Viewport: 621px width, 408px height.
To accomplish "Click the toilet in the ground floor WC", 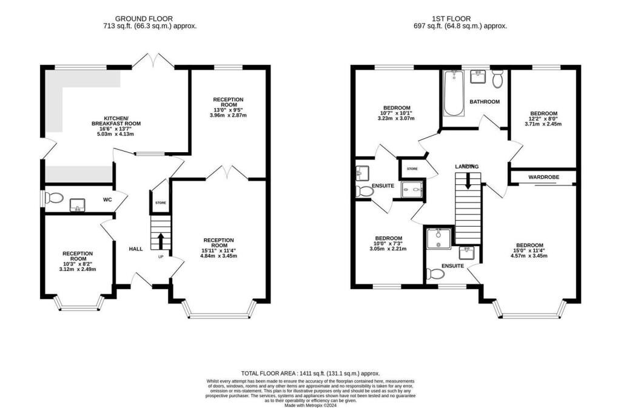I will click(x=54, y=198).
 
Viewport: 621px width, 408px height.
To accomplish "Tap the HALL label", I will click(x=135, y=249).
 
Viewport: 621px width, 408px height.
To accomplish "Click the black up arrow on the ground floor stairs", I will click(x=161, y=241).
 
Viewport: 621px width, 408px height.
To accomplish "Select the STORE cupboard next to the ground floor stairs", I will click(x=161, y=203).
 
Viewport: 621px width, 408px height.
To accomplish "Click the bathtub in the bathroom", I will click(x=453, y=93).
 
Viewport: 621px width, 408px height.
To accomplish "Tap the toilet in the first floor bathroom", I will click(x=498, y=79).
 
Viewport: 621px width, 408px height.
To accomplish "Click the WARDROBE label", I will click(x=543, y=177).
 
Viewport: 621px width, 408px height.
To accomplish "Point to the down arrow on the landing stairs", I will click(x=468, y=181).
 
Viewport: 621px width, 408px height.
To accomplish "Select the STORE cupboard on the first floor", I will click(x=412, y=169).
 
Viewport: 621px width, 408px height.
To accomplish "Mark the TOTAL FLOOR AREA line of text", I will click(x=310, y=374).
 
